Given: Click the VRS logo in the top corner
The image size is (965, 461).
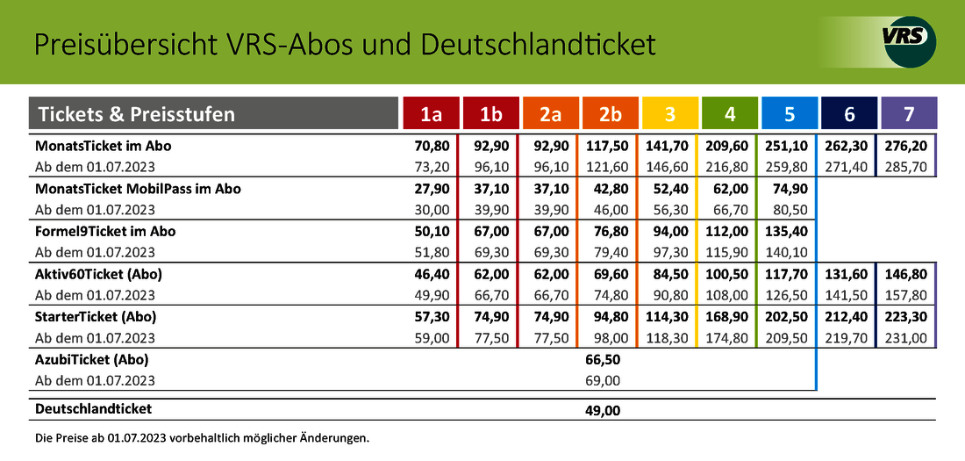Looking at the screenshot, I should [909, 41].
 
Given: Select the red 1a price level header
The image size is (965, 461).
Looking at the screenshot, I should [431, 114].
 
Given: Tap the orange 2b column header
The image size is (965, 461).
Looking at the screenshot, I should [610, 114].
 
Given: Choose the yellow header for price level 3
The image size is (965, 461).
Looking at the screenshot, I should [669, 114].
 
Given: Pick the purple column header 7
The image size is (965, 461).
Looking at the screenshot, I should [909, 114].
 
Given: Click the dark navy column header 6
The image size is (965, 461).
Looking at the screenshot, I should [848, 114].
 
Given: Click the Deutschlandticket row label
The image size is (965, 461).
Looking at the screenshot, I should [93, 409].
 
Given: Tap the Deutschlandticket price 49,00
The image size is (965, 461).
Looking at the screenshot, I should [604, 410].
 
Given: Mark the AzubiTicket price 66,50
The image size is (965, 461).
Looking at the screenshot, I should [604, 359].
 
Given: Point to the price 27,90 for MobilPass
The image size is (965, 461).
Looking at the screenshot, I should [432, 189].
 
